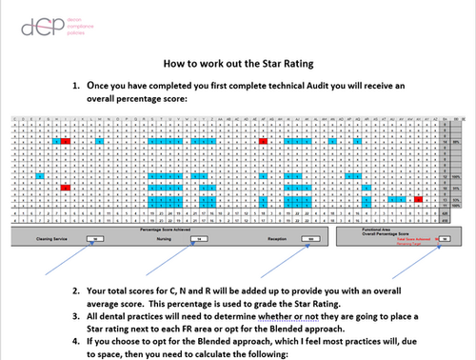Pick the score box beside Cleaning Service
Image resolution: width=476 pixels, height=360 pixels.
pyautogui.click(x=93, y=240)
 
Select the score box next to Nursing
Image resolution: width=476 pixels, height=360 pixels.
pyautogui.click(x=204, y=240)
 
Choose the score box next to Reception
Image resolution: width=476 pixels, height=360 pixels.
pyautogui.click(x=311, y=240)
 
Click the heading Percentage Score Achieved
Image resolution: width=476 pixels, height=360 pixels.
pyautogui.click(x=170, y=229)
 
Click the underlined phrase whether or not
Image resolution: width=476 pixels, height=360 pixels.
pyautogui.click(x=271, y=315)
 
